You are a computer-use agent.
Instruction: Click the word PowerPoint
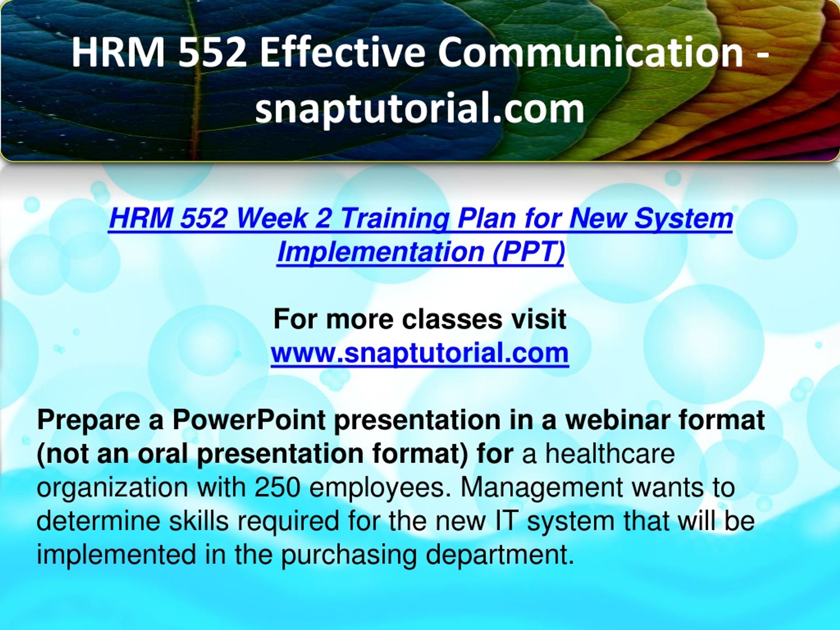click(x=249, y=421)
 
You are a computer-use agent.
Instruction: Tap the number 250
click(x=278, y=488)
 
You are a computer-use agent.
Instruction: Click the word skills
click(x=199, y=521)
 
